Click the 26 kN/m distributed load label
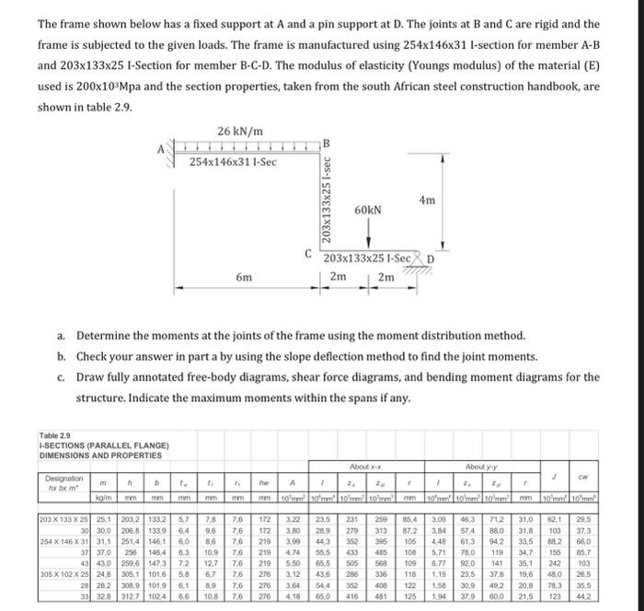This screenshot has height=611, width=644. coord(241,131)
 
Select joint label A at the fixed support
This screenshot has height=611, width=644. coord(163,149)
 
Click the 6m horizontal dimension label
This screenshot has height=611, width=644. coord(243,276)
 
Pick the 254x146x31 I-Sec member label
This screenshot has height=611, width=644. coord(233,162)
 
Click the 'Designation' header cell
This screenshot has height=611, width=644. coord(63,479)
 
